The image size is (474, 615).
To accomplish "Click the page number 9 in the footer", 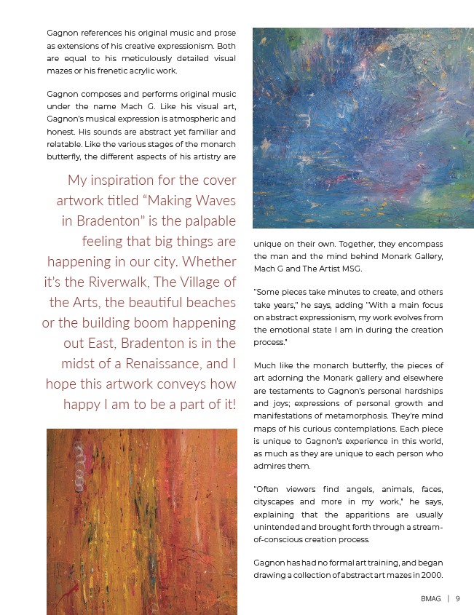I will point(457,599).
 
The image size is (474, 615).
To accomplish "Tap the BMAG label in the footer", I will point(431,599).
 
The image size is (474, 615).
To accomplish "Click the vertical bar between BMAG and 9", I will point(448,599).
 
